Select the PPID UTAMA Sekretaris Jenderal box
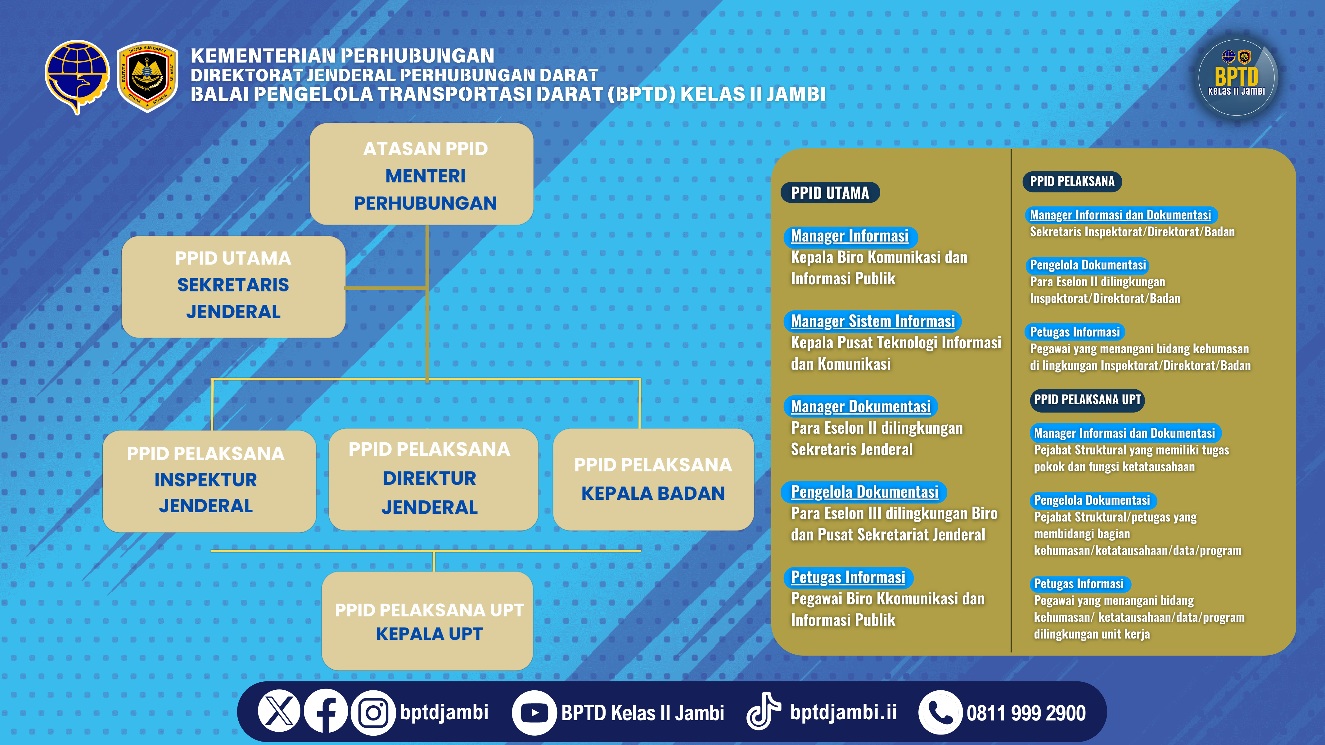click(233, 287)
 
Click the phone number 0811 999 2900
click(1026, 713)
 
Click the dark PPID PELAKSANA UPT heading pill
click(1087, 400)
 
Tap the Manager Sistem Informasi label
click(872, 321)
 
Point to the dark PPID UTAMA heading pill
click(830, 193)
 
